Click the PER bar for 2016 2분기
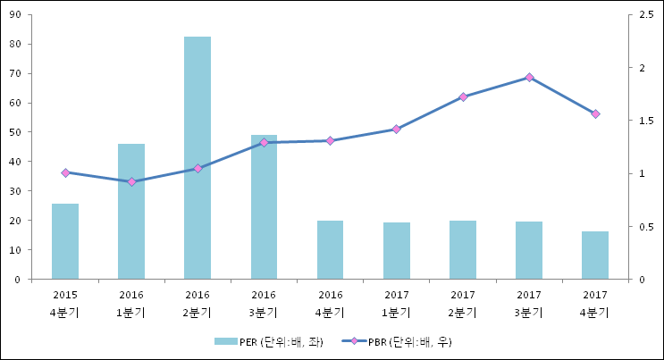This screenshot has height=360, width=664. click(198, 158)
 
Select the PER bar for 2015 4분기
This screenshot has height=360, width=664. click(65, 241)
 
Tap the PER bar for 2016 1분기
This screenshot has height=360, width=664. click(131, 211)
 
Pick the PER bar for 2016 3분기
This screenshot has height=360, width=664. click(264, 207)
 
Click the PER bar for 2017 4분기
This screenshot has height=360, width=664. click(595, 255)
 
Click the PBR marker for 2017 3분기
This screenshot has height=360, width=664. click(529, 78)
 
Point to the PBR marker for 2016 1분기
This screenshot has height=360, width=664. click(131, 181)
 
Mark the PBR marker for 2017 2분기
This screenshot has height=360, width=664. click(463, 96)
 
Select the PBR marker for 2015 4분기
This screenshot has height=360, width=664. click(65, 172)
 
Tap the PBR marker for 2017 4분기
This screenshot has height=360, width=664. click(595, 113)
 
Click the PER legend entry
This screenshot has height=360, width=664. click(268, 341)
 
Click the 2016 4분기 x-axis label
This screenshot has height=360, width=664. click(330, 303)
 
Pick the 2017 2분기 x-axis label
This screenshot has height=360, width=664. click(463, 303)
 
